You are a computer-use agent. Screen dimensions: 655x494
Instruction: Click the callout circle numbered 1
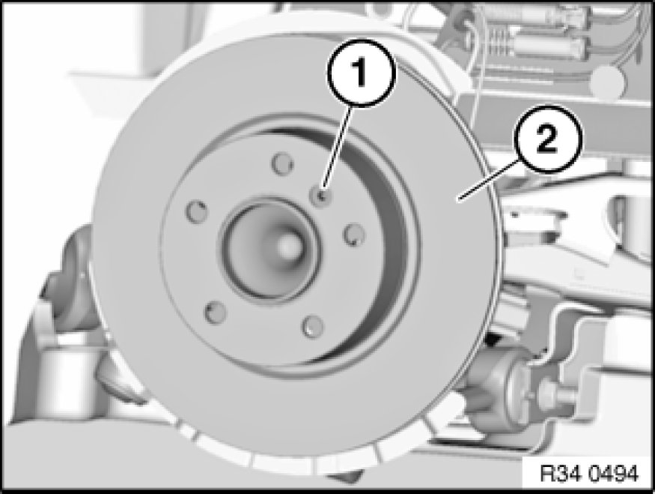(361, 73)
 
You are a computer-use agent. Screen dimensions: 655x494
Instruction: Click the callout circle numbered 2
(547, 139)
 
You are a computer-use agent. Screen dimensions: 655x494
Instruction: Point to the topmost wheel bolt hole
(282, 163)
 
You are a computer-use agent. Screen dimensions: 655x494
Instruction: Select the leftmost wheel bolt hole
(196, 211)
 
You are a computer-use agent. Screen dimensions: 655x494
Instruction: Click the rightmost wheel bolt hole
(354, 235)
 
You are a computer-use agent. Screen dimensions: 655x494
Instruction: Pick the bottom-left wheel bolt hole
(215, 312)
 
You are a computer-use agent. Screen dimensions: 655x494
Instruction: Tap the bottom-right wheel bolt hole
(313, 326)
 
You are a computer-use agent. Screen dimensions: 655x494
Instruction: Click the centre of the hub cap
(287, 247)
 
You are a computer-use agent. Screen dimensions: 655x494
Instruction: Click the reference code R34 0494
(589, 474)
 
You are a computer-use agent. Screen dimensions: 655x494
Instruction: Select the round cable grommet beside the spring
(608, 81)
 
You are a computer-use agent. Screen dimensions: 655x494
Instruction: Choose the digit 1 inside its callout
(360, 73)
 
